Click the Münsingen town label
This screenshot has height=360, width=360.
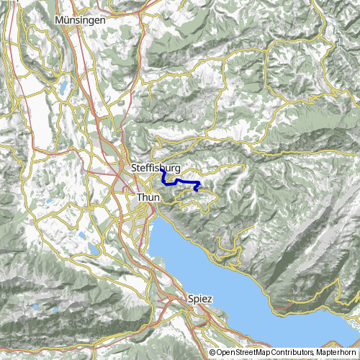(80, 21)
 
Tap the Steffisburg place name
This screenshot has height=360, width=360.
(156, 168)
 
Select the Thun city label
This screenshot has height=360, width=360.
(148, 196)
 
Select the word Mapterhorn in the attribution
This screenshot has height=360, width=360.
(338, 353)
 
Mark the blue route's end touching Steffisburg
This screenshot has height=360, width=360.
(163, 171)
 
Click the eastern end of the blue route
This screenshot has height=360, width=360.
(198, 190)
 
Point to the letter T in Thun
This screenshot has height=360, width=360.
(138, 196)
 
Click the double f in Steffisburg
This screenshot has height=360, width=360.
(149, 168)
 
